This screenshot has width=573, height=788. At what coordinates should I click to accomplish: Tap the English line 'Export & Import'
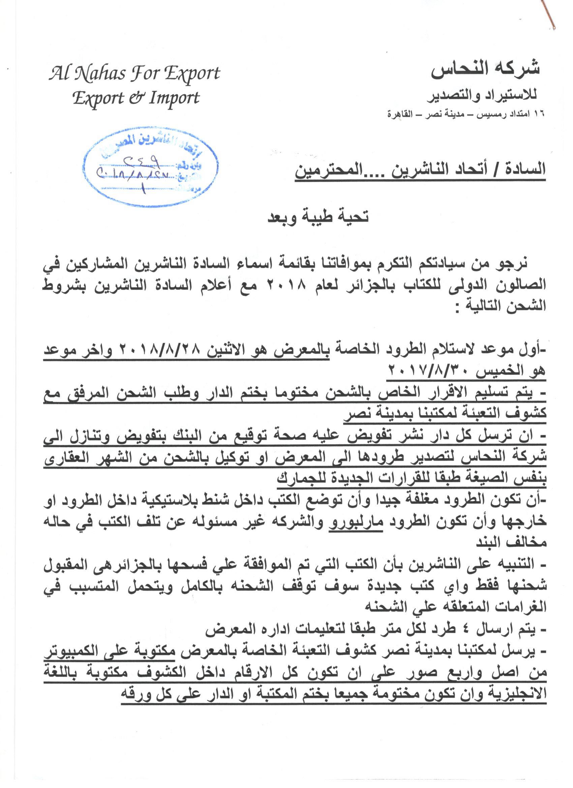click(x=136, y=98)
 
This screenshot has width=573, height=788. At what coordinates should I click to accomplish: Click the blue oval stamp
click(x=151, y=167)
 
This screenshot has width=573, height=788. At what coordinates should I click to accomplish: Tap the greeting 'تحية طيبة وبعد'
click(x=318, y=216)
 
